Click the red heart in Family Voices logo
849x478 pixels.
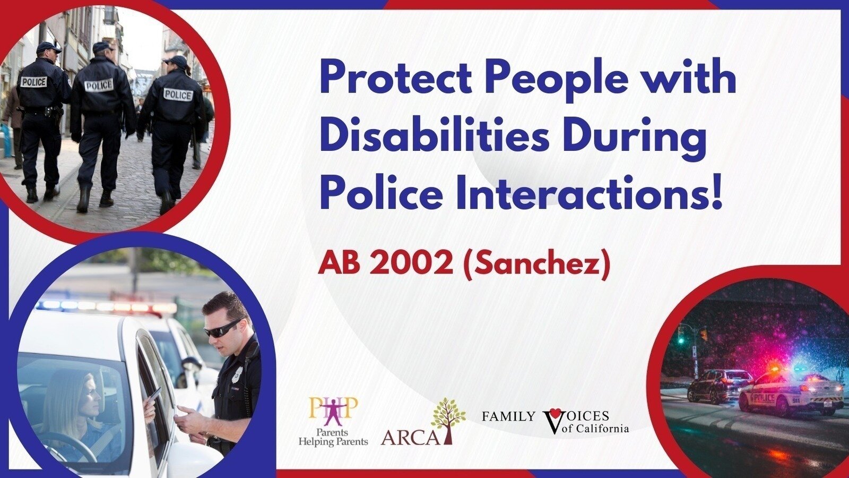[555, 413]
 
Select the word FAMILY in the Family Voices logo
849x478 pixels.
[508, 416]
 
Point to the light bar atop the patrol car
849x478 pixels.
[106, 306]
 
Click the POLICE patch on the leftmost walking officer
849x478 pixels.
[33, 82]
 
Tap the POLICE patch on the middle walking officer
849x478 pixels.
[99, 85]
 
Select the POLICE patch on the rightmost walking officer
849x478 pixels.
[178, 95]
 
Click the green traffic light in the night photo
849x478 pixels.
[681, 340]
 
